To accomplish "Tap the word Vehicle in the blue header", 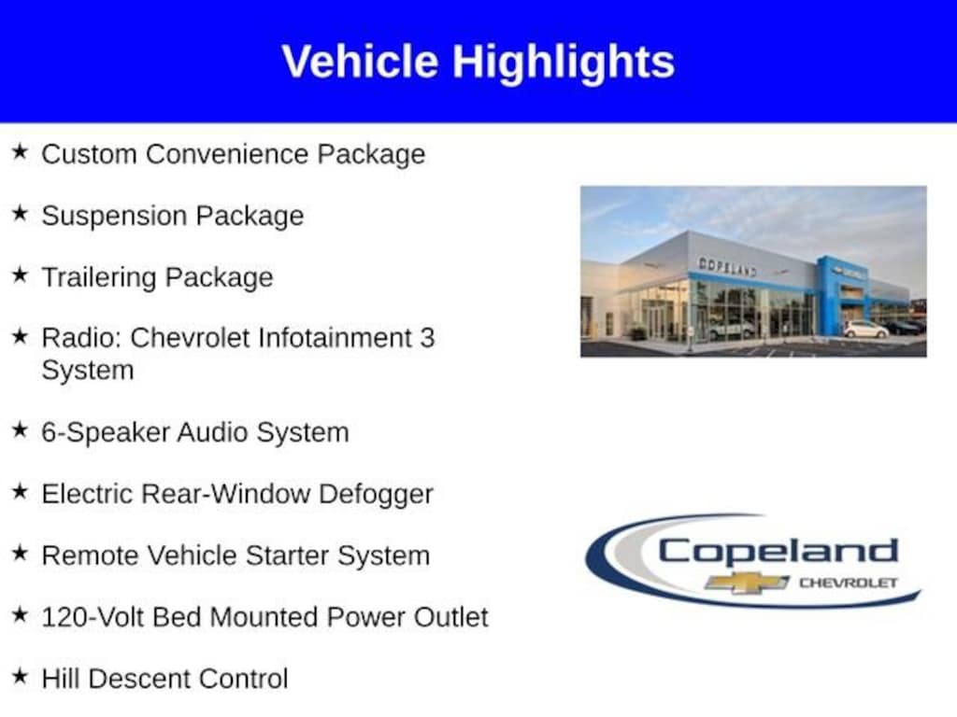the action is (360, 61).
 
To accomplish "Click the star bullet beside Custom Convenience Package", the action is (21, 150).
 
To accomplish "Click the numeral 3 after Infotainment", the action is (426, 338).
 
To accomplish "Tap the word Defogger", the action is (376, 495).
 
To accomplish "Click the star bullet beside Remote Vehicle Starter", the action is (21, 553).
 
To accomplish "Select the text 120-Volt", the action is (93, 617).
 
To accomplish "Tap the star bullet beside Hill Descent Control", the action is (21, 676).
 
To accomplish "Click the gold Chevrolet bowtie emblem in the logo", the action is (747, 583).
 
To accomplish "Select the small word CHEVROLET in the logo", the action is (849, 583).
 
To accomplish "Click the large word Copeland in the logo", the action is (778, 552).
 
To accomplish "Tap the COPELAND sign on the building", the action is (727, 267).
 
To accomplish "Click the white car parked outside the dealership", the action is (866, 330).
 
